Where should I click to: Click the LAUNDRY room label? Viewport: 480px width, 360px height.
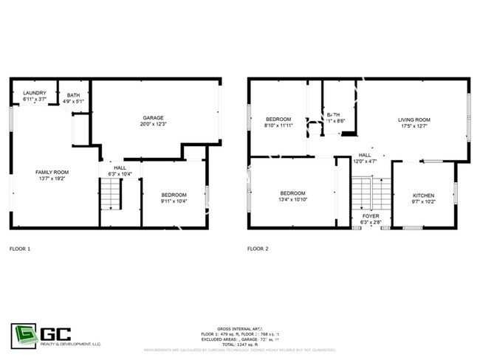click(x=35, y=92)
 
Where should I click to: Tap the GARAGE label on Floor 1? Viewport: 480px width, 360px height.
click(x=153, y=117)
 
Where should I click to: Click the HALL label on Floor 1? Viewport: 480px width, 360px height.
click(x=118, y=167)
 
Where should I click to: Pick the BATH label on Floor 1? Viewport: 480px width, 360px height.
click(x=73, y=94)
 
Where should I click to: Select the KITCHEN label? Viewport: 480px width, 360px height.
click(x=423, y=194)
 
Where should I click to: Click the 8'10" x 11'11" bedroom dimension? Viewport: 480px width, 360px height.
click(x=278, y=125)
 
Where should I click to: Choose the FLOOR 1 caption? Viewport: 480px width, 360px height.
click(x=20, y=249)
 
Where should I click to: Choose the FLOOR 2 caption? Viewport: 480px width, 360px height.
click(x=258, y=249)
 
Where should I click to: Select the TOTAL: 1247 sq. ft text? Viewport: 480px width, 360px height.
click(x=239, y=344)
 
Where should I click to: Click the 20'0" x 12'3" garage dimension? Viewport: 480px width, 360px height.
click(x=153, y=124)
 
